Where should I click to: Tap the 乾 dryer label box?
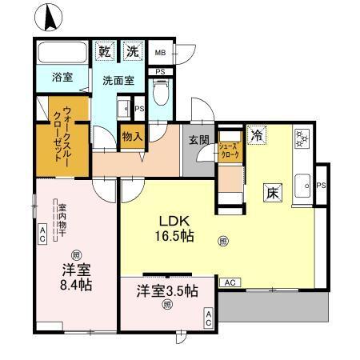pyautogui.click(x=104, y=52)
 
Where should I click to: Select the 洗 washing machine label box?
pyautogui.click(x=132, y=52)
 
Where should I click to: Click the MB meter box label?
pyautogui.click(x=160, y=53)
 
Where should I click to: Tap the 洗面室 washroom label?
pyautogui.click(x=117, y=81)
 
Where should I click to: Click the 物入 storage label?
pyautogui.click(x=132, y=137)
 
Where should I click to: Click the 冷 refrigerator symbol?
pyautogui.click(x=256, y=135)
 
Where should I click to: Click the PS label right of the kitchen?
pyautogui.click(x=322, y=186)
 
